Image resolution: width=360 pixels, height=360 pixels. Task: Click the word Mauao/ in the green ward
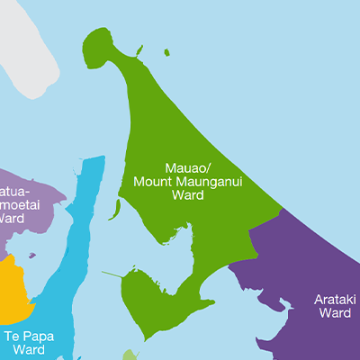188,167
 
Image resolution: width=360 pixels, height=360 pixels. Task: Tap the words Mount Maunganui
188,181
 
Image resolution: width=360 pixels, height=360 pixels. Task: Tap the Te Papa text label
24,335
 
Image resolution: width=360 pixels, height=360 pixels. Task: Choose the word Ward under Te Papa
24,349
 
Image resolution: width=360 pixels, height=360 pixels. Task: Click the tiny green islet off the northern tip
167,52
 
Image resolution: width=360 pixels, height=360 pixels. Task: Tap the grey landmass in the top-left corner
22,45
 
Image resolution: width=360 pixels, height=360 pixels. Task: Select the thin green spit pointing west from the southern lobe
112,274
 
